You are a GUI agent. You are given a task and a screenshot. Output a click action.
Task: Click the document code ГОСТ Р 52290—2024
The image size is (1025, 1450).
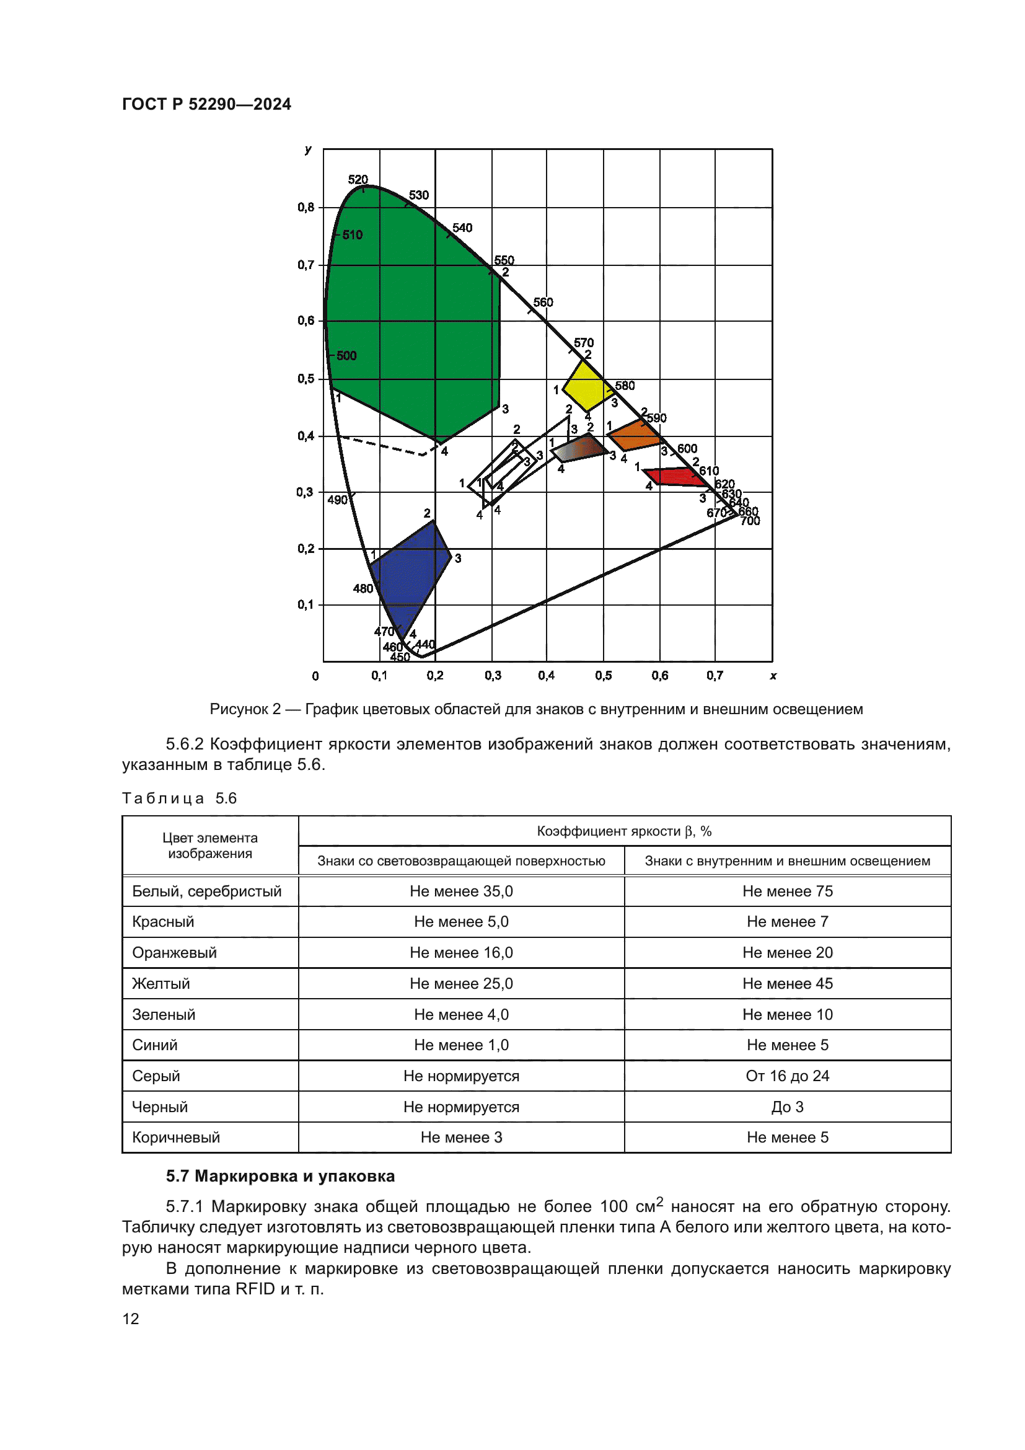(x=206, y=104)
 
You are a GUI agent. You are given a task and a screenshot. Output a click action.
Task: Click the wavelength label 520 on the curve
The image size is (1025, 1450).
(x=358, y=180)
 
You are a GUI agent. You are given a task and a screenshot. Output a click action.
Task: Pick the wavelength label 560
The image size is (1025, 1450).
(x=543, y=303)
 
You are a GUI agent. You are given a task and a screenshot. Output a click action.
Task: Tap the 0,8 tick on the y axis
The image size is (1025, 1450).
(x=306, y=207)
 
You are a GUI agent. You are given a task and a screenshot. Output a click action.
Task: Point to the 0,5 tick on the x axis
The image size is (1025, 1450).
(x=604, y=676)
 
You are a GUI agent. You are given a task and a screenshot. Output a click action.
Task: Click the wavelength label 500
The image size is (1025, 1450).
(x=346, y=356)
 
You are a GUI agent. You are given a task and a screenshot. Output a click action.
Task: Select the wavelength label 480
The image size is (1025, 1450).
(x=363, y=588)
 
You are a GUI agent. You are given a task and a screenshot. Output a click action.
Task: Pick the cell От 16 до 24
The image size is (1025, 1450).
(x=787, y=1076)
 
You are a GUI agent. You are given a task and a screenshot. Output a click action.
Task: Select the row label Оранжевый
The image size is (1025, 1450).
(x=174, y=952)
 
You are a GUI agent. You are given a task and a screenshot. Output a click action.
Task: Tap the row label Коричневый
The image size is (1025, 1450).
(x=176, y=1138)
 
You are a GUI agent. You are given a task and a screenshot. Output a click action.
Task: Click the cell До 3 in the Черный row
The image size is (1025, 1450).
(x=787, y=1107)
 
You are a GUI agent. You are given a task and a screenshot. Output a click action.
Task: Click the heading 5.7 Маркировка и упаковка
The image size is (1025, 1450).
(x=280, y=1176)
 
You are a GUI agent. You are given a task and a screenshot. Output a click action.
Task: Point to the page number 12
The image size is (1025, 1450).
(x=131, y=1319)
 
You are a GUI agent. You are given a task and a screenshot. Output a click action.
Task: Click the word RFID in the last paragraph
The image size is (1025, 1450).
(x=255, y=1289)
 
